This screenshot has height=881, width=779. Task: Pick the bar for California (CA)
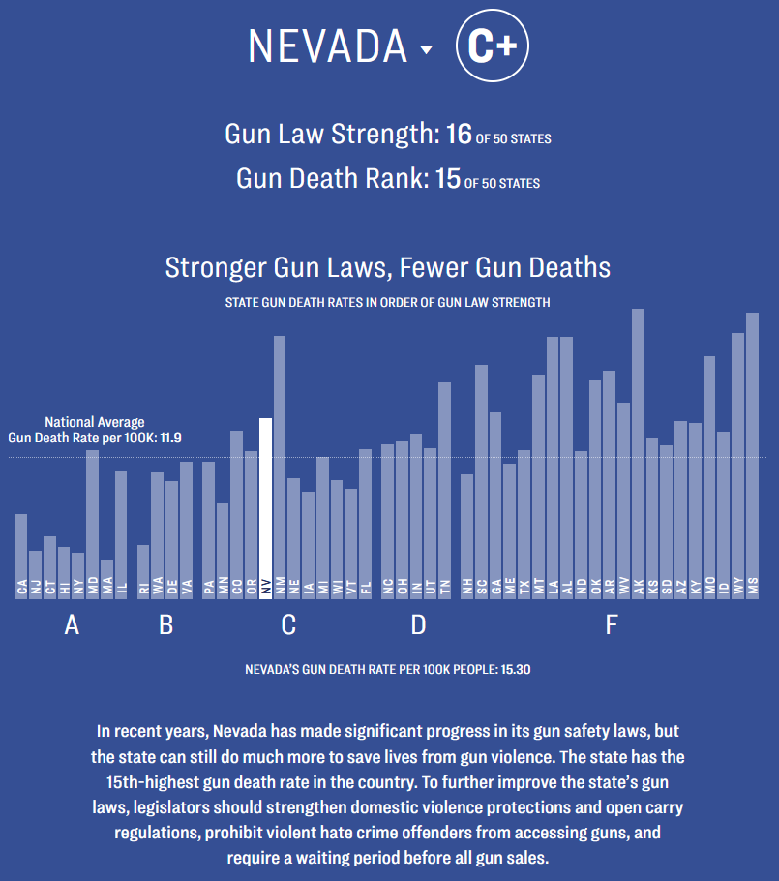click(21, 556)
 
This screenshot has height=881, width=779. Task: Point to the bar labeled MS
click(752, 455)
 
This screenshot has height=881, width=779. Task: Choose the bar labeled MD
click(93, 524)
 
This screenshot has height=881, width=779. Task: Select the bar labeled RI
click(143, 571)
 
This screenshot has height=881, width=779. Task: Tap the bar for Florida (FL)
click(365, 523)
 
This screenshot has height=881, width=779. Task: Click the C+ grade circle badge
click(493, 47)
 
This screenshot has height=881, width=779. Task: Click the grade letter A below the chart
click(71, 625)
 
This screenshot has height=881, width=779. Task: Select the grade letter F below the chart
click(611, 625)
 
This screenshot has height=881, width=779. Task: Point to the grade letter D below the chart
click(418, 625)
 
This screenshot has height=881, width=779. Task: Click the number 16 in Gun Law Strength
click(458, 134)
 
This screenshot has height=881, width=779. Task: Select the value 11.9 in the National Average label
click(171, 438)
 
